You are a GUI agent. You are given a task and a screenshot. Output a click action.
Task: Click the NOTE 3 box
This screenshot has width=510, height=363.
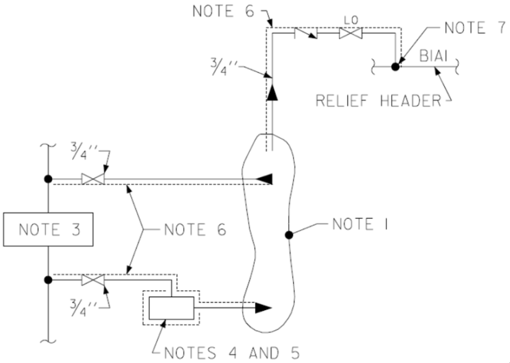pos(48,229)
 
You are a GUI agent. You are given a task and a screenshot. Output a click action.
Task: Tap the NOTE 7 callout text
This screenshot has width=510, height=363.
pos(475,27)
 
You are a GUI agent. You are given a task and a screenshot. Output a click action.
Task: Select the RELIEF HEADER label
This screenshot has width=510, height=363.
pos(378,100)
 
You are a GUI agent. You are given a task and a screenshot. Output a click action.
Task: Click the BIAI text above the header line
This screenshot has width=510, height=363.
pos(434,56)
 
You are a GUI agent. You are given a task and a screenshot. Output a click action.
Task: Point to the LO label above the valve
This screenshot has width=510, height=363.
pos(351,21)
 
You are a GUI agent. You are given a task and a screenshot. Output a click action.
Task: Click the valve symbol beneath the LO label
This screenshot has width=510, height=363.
pos(351,33)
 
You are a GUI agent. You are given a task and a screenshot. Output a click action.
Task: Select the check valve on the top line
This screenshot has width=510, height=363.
pos(305,33)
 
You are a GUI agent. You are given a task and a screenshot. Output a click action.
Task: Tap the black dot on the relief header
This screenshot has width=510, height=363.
pos(395,67)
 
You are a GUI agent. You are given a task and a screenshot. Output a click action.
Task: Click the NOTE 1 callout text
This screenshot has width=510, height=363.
pos(360,224)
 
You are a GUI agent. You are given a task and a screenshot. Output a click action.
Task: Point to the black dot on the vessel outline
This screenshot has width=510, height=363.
pos(289,235)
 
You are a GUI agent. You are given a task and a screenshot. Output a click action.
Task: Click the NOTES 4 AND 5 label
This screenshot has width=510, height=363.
pos(231,353)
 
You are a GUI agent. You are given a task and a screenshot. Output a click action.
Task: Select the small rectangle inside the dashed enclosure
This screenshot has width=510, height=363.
pos(172,308)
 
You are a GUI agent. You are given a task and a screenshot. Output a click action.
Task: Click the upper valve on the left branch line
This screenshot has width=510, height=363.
pos(93,179)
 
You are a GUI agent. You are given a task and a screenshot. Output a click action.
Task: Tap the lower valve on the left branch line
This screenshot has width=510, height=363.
pos(93,280)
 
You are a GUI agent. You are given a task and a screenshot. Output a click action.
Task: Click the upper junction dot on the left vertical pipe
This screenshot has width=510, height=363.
pos(48,179)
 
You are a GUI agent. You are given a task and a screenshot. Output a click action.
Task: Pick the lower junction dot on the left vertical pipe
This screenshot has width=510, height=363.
pos(48,280)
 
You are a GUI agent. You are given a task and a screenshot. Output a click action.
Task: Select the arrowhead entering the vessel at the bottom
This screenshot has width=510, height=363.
pos(263,307)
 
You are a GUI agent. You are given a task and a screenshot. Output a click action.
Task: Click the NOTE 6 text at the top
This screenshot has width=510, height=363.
pos(223,11)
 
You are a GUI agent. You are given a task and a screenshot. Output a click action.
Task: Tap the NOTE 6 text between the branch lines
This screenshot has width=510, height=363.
pos(195,229)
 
